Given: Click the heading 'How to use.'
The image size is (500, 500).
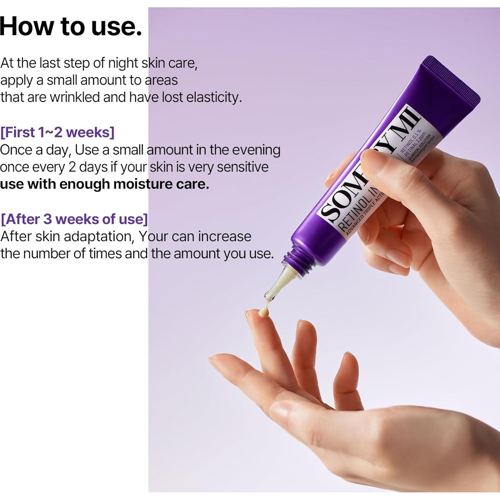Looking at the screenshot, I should (x=71, y=26).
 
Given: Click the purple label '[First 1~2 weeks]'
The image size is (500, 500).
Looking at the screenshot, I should (x=57, y=132).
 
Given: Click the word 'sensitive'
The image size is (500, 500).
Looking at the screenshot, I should (x=242, y=167).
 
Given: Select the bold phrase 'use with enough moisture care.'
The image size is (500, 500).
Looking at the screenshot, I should (x=104, y=184).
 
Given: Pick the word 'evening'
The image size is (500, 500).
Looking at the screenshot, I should (x=256, y=150).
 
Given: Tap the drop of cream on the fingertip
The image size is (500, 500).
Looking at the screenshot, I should (x=264, y=312).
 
